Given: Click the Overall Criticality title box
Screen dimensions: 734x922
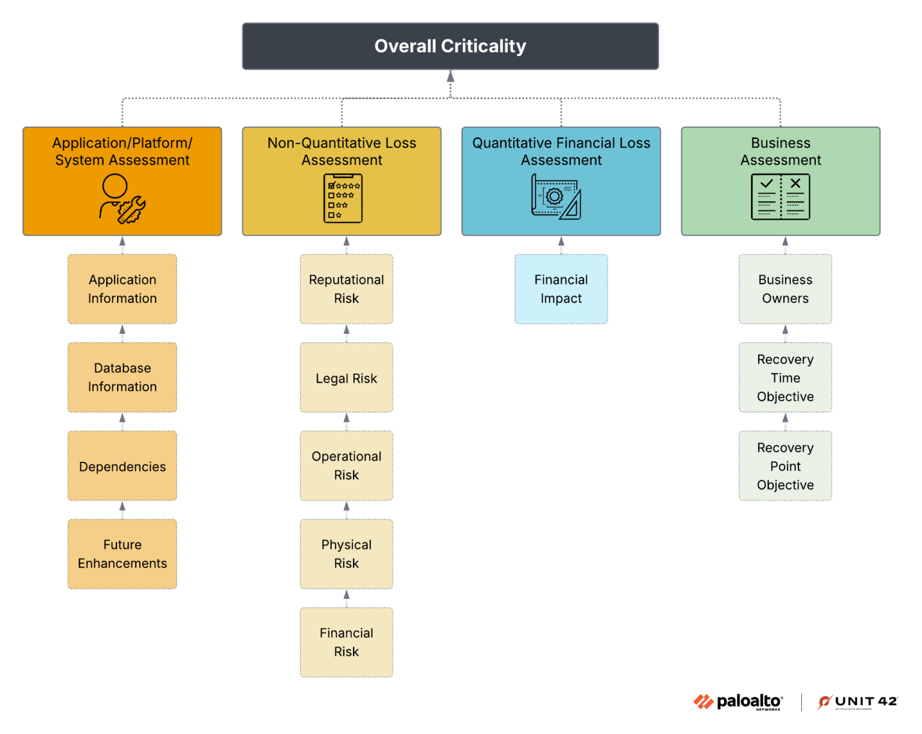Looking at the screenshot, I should (x=450, y=46).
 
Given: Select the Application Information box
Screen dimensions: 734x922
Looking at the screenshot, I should (x=122, y=289).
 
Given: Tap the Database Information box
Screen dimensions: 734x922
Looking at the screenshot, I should (x=122, y=377).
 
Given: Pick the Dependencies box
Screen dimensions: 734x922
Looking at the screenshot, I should (x=122, y=466).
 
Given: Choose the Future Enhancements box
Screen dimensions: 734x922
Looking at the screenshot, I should (x=122, y=554).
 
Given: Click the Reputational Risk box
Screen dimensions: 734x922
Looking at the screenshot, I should (x=346, y=289).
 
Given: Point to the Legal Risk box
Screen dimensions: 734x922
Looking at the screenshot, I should (x=346, y=378).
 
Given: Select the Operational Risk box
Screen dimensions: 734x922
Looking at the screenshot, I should (x=346, y=466).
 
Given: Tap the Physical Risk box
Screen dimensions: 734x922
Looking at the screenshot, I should (x=346, y=554).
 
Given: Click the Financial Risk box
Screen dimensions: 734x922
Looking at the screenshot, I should (x=346, y=642).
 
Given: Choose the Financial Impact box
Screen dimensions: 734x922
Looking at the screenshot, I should (x=561, y=289).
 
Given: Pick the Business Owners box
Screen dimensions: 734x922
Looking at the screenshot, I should (x=785, y=289).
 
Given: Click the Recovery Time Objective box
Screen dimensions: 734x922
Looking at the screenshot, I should (x=785, y=378).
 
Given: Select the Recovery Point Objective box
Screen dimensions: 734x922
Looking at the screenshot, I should (x=785, y=466).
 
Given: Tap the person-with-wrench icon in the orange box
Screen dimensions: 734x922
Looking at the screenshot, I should (x=122, y=199).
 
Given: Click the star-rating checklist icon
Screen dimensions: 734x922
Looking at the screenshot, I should (x=343, y=198).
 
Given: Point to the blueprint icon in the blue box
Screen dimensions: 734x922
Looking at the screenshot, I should (x=556, y=197).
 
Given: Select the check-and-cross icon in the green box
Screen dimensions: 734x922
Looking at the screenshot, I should (x=780, y=197).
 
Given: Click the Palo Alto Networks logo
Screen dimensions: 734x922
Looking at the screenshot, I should (x=738, y=702).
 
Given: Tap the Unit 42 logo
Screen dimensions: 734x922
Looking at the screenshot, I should (x=858, y=702).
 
